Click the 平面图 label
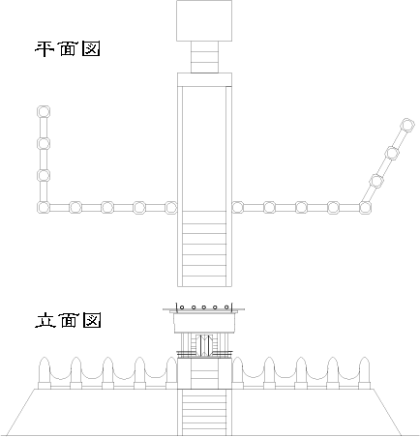68,48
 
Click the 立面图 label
68,320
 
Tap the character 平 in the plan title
45,48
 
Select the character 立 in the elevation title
45,320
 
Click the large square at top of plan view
204,20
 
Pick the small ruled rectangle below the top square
204,57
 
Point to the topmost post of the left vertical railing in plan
44,111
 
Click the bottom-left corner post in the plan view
44,208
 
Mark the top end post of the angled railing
407,125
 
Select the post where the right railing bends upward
365,208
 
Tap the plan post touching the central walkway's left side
171,208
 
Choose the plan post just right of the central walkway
237,208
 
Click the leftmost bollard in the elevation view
45,373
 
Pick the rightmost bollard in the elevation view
365,373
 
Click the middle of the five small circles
204,307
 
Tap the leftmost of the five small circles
182,307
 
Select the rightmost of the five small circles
226,307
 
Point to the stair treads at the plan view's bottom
204,248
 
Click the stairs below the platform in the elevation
204,413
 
